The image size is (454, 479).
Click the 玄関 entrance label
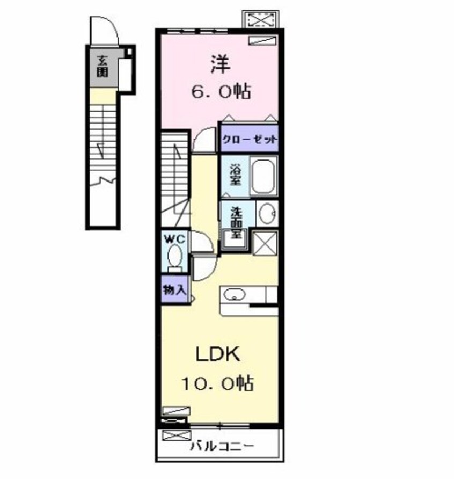[101, 67]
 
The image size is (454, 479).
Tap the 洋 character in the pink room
[219, 65]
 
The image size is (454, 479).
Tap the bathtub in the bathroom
[262, 177]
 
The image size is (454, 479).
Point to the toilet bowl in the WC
[174, 256]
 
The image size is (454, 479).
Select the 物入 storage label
[174, 290]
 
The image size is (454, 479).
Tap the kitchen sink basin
[235, 294]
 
